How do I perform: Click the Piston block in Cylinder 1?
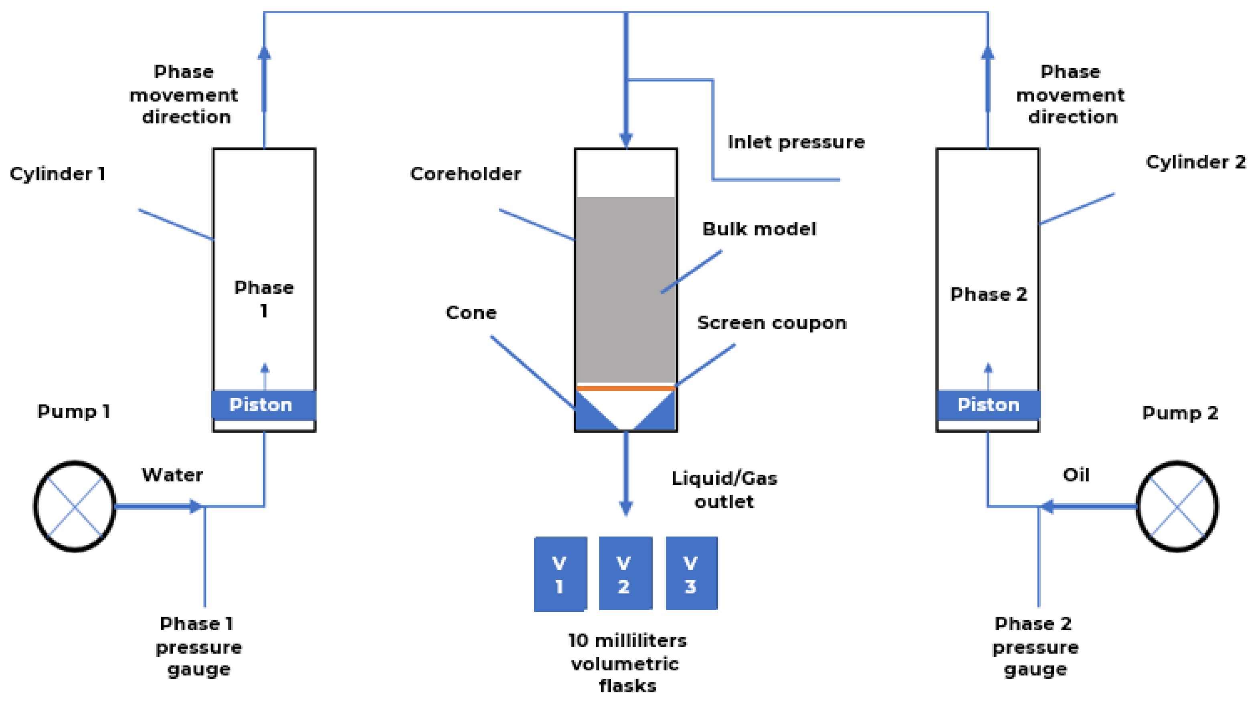coord(264,405)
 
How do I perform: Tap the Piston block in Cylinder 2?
coord(988,405)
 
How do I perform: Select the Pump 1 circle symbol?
coord(74,506)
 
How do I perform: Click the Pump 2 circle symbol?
coord(1177,506)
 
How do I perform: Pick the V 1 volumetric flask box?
coord(560,574)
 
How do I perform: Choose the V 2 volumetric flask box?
coord(626,573)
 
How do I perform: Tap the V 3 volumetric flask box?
coord(692,573)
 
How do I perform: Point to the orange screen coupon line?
coord(626,388)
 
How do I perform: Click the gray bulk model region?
coord(626,289)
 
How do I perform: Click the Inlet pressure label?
coord(796,142)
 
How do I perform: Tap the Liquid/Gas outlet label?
coord(724,490)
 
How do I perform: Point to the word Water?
coord(172,475)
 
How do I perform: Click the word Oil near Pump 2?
coord(1076,475)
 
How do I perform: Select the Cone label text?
coord(471,313)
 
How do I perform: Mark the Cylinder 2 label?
coord(1195,162)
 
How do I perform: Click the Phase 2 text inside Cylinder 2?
coord(989,294)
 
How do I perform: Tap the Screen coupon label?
coord(772,323)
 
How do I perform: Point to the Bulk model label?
coord(759,229)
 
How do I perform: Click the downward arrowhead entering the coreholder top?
coord(626,140)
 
